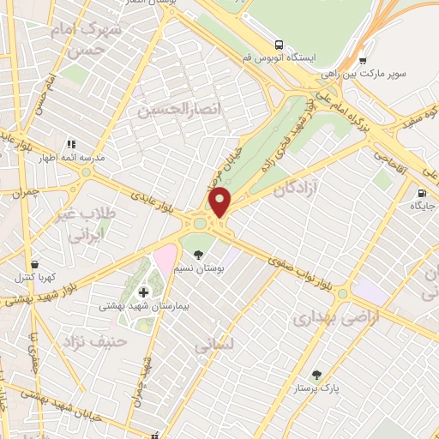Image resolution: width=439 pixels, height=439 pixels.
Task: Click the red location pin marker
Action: click(220, 201)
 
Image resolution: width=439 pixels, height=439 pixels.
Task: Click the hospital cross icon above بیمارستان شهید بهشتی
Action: click(143, 292)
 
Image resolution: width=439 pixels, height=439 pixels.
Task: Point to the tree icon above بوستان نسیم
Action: click(199, 255)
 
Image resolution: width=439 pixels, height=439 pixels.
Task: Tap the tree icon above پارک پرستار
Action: click(317, 375)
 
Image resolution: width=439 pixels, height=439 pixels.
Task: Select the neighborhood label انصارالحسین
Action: click(168, 110)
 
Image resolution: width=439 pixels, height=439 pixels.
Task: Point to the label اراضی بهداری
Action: click(325, 319)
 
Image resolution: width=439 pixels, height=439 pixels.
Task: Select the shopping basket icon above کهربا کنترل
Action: click(34, 264)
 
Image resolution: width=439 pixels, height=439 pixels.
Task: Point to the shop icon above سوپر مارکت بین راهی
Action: click(363, 61)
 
